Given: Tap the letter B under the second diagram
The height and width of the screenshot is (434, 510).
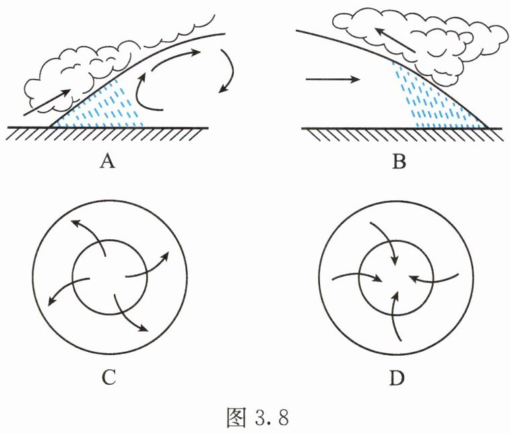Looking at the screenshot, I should coord(399,162).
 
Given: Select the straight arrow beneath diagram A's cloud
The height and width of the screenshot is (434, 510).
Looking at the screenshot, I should coord(47,102).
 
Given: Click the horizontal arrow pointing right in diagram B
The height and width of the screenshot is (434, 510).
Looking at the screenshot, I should coord(331,80).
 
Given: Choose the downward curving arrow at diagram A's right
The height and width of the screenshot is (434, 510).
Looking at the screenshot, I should coord(228,71).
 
